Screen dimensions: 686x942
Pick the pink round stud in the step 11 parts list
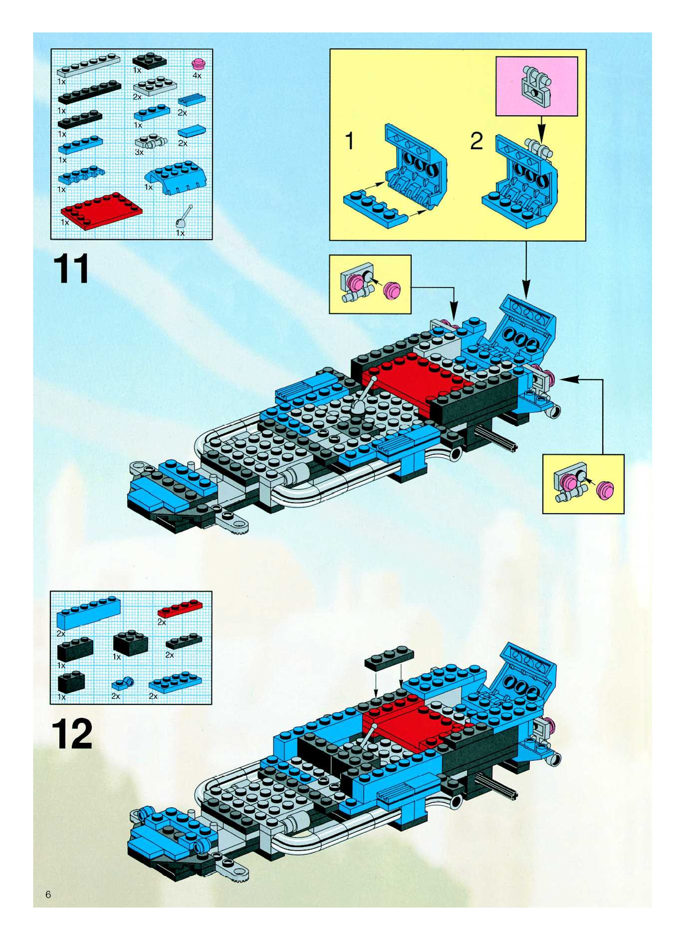(198, 64)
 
